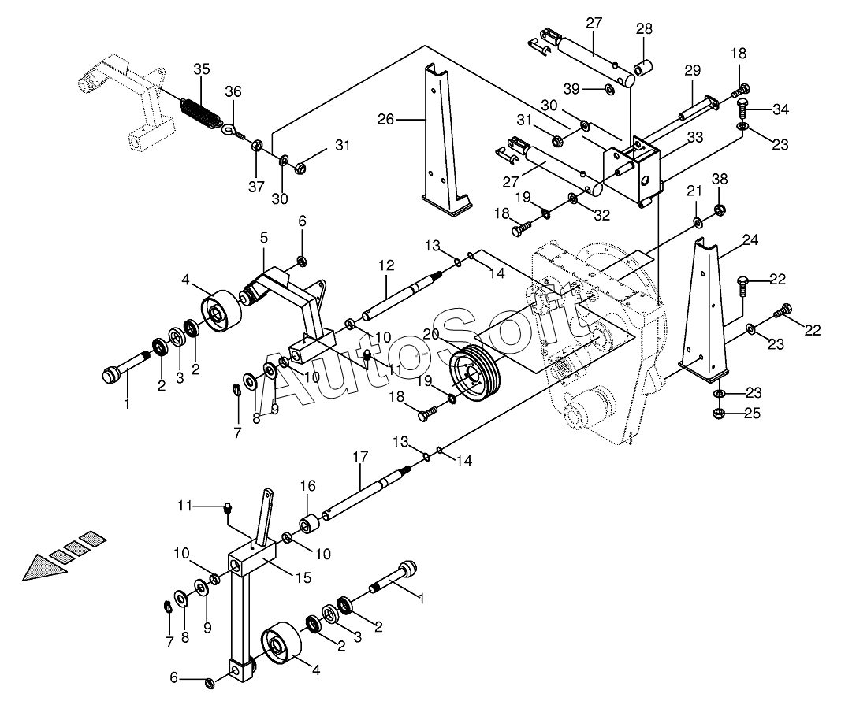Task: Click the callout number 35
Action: click(202, 69)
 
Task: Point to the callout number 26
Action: click(385, 119)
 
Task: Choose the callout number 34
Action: click(780, 109)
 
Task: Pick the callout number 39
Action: click(571, 88)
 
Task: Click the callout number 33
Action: click(694, 137)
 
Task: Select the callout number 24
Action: click(750, 239)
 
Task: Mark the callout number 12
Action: click(386, 265)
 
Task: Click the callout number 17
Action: click(361, 457)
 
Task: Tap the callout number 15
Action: click(303, 578)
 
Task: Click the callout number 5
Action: click(264, 238)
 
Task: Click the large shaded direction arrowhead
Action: click(44, 567)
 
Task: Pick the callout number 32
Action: click(602, 215)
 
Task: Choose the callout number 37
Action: click(256, 186)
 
